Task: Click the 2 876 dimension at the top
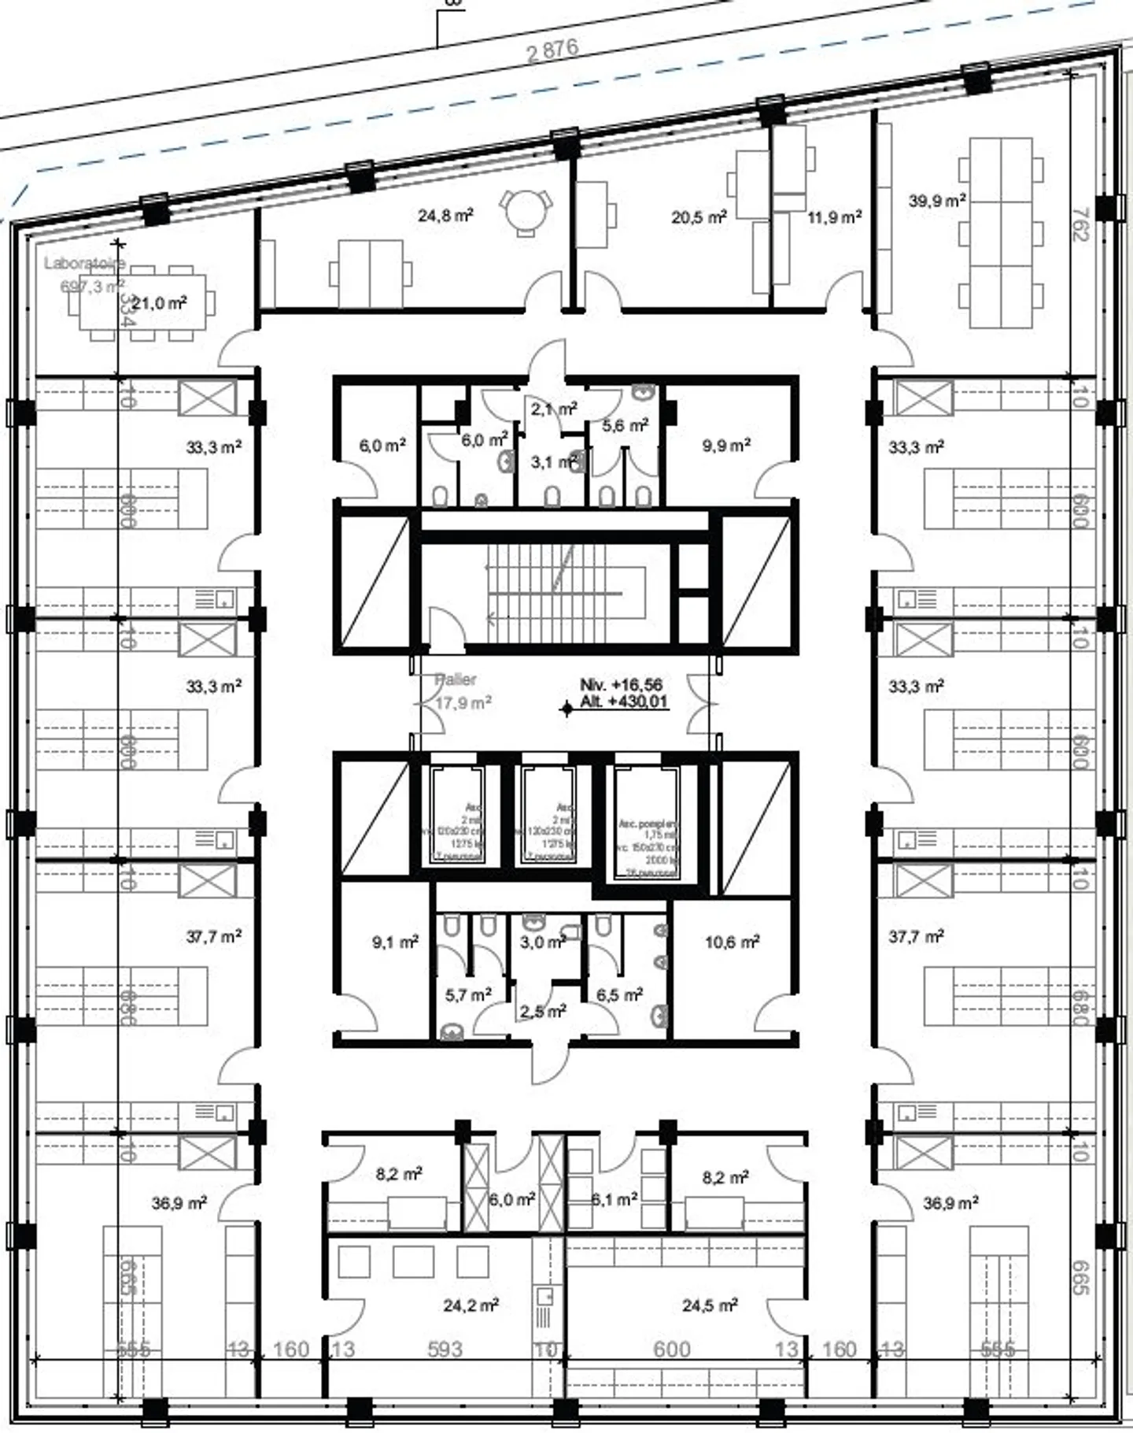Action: tap(552, 50)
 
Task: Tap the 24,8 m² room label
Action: tap(445, 215)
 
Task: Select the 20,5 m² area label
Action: tap(699, 217)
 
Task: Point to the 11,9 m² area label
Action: tap(834, 217)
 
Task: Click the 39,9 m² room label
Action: tap(937, 201)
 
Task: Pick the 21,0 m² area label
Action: tap(159, 303)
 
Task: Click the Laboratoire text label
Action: tap(84, 263)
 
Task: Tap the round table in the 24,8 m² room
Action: tap(526, 211)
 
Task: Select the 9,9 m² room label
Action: tap(726, 446)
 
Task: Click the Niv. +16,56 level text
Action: tap(621, 685)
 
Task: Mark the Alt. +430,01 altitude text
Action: tap(624, 702)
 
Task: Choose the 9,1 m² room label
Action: tap(395, 941)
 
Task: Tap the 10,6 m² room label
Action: tap(732, 941)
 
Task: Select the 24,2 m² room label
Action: tap(471, 1305)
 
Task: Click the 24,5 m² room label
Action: tap(710, 1305)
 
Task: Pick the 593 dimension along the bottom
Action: tap(445, 1350)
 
